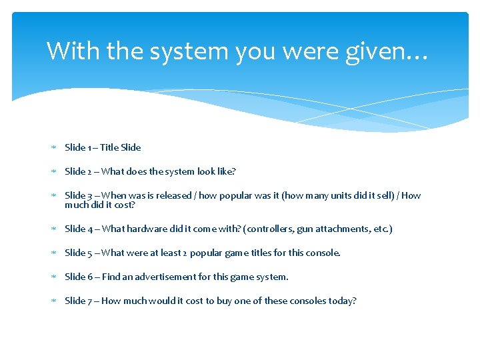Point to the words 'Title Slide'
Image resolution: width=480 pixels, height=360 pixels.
120,147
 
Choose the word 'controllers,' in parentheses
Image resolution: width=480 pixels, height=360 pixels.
270,229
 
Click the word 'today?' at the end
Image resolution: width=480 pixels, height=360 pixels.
343,301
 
